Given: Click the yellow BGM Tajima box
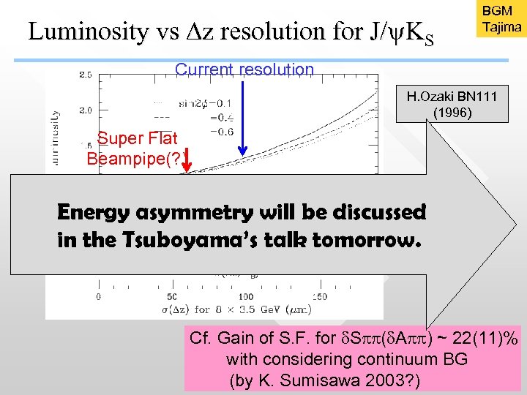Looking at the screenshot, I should click(501, 20).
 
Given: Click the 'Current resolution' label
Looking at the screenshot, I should click(244, 69).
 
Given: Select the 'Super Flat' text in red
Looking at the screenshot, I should click(137, 138).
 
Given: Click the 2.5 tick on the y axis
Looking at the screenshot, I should click(85, 75).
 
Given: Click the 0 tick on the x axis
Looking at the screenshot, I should click(100, 296).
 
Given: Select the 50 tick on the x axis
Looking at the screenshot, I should click(173, 296).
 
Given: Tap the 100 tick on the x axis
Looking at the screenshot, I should click(246, 296).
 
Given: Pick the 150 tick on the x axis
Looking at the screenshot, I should click(319, 296).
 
